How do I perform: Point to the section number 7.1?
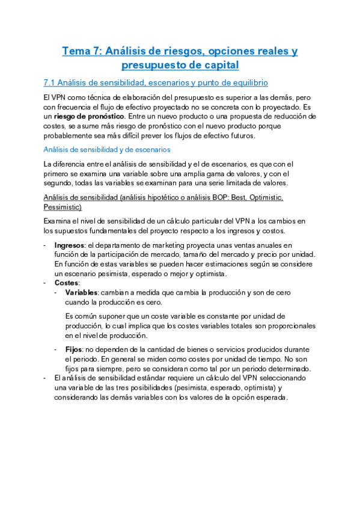(50, 82)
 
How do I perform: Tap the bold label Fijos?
(75, 349)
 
